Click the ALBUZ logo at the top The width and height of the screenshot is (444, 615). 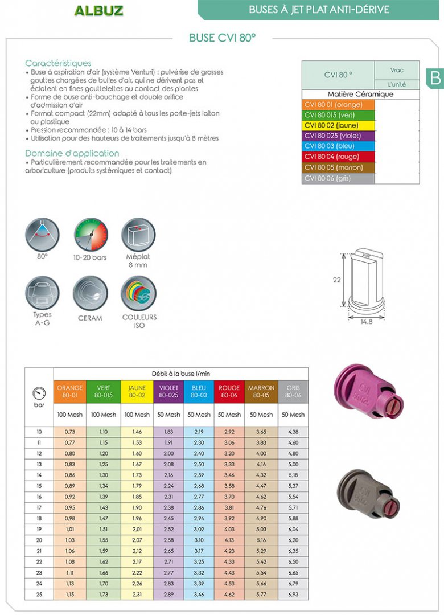pyautogui.click(x=98, y=10)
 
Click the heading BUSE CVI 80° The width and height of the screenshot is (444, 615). pyautogui.click(x=222, y=38)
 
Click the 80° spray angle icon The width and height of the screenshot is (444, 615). pyautogui.click(x=42, y=235)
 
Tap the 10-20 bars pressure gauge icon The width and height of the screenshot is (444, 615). pyautogui.click(x=90, y=235)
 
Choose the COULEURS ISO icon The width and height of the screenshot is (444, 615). pyautogui.click(x=138, y=293)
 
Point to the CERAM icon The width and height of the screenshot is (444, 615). pyautogui.click(x=90, y=293)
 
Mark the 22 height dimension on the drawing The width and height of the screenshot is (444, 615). pyautogui.click(x=336, y=280)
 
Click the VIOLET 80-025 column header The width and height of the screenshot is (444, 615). pyautogui.click(x=168, y=391)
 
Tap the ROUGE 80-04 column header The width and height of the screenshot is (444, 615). pyautogui.click(x=229, y=391)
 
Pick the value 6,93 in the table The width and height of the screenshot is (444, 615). pyautogui.click(x=293, y=594)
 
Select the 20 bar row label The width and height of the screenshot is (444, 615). pyautogui.click(x=39, y=540)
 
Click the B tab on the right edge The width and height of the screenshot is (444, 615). pyautogui.click(x=435, y=77)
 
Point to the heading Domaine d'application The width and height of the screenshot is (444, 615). pyautogui.click(x=72, y=153)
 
